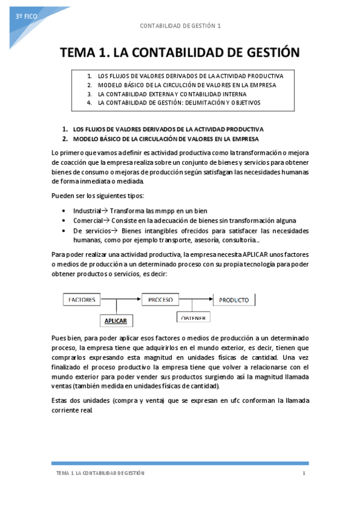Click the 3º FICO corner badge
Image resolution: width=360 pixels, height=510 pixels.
[x=27, y=17]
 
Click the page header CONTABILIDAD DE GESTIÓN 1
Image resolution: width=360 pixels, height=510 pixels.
[x=180, y=26]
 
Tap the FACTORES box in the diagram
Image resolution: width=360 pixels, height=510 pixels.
[x=85, y=299]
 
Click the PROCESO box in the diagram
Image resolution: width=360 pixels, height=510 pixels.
[x=160, y=299]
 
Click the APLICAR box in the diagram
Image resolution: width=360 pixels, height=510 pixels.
[x=116, y=321]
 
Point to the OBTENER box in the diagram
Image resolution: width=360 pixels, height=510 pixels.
[x=193, y=318]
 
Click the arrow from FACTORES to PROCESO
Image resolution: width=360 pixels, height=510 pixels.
[x=124, y=299]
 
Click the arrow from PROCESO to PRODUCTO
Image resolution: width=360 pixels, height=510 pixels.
[x=197, y=299]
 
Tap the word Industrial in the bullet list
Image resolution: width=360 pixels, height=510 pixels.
[x=87, y=211]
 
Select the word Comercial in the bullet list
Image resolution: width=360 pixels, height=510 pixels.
[x=87, y=221]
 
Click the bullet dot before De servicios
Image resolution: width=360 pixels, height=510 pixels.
[x=64, y=231]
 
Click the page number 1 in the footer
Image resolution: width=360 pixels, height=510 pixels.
[x=304, y=473]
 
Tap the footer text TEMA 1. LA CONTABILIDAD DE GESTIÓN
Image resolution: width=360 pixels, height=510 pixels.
[x=100, y=473]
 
